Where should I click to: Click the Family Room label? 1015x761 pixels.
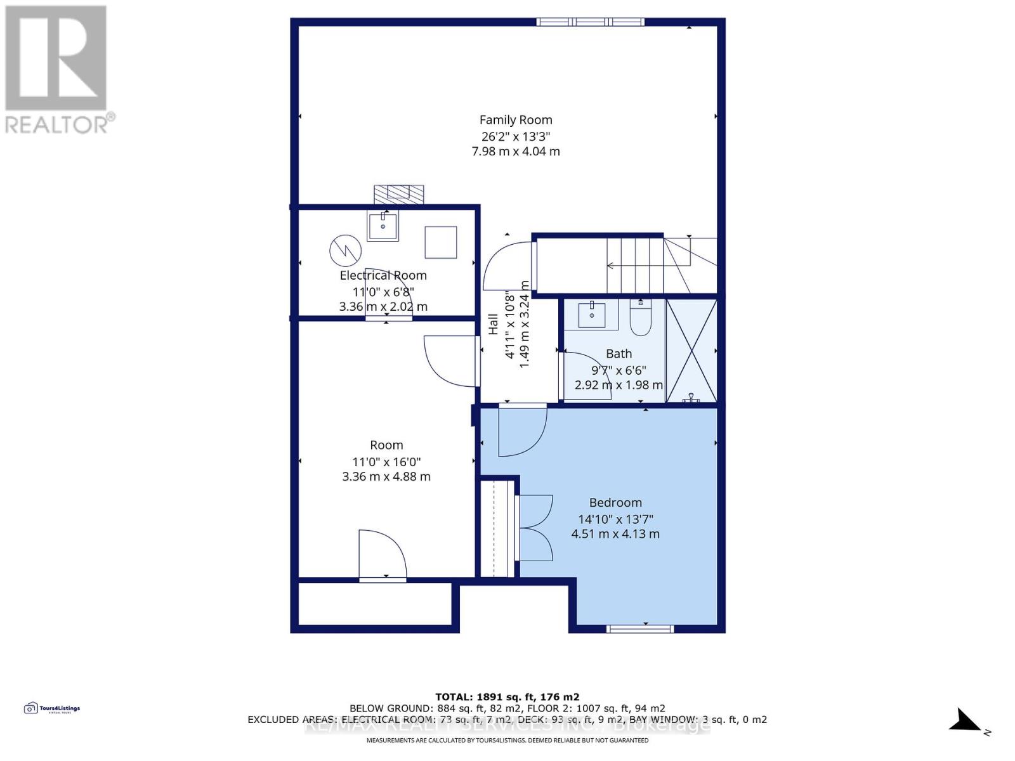point(515,120)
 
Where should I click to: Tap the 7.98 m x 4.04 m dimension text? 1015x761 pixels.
point(515,152)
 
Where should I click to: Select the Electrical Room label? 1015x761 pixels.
point(383,275)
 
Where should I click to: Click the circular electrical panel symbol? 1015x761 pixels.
point(345,250)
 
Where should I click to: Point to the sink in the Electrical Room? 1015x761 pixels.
point(383,226)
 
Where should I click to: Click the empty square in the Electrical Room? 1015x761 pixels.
point(440,242)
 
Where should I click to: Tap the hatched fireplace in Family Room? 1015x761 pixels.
point(398,194)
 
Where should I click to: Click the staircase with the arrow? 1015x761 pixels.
point(634,265)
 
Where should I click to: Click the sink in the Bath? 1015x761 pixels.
point(592,315)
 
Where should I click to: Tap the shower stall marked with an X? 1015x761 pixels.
point(691,350)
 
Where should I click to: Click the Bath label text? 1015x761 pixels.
point(619,354)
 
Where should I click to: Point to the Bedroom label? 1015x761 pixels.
point(615,503)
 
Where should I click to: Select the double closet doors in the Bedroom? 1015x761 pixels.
point(535,528)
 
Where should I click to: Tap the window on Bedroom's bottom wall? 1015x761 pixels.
point(640,628)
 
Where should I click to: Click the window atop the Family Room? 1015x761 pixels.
point(590,22)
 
